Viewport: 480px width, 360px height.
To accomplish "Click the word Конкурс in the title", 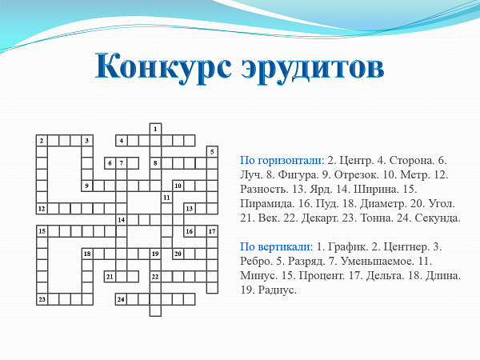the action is pyautogui.click(x=163, y=66).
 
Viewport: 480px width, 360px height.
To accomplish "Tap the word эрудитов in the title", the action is pyautogui.click(x=312, y=69).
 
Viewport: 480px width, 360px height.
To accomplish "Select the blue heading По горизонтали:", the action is pyautogui.click(x=282, y=161).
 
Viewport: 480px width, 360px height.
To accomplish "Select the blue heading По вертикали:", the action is pyautogui.click(x=277, y=246).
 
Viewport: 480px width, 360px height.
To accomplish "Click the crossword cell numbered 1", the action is pyautogui.click(x=155, y=129).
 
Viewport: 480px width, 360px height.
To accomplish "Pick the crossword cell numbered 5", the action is pyautogui.click(x=212, y=152).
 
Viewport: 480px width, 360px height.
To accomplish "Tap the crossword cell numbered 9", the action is pyautogui.click(x=87, y=186).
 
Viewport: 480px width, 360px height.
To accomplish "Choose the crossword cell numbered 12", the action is pyautogui.click(x=42, y=209).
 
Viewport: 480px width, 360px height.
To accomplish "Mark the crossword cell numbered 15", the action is pyautogui.click(x=42, y=231).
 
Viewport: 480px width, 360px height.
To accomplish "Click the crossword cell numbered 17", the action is pyautogui.click(x=212, y=231).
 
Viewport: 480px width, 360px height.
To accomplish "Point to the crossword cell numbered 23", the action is pyautogui.click(x=42, y=299).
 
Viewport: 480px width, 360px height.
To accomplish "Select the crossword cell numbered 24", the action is pyautogui.click(x=122, y=299).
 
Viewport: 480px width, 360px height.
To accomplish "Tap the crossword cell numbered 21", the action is pyautogui.click(x=110, y=277).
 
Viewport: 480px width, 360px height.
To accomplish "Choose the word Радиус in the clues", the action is pyautogui.click(x=278, y=290).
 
